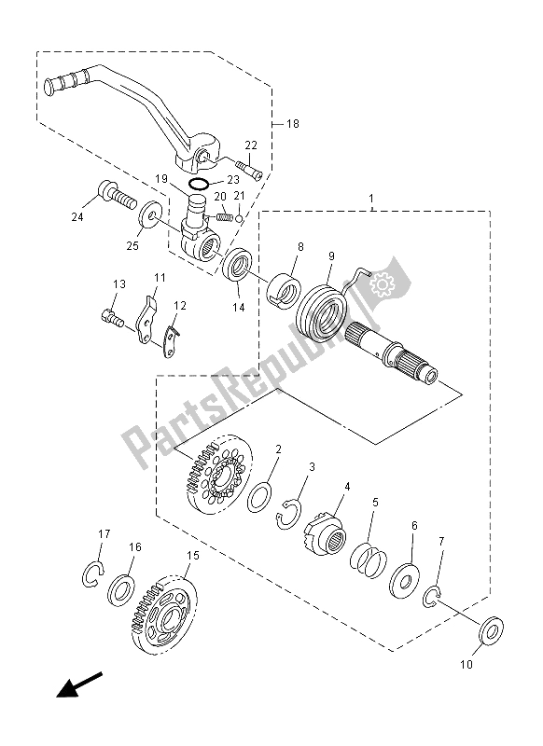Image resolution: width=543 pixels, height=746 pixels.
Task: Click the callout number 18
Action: click(x=293, y=124)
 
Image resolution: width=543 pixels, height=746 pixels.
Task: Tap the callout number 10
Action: click(x=466, y=664)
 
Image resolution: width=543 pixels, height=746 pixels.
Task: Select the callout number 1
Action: click(x=371, y=198)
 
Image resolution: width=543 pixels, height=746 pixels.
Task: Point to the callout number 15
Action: click(x=193, y=555)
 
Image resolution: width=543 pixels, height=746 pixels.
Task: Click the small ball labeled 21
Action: click(x=239, y=218)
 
